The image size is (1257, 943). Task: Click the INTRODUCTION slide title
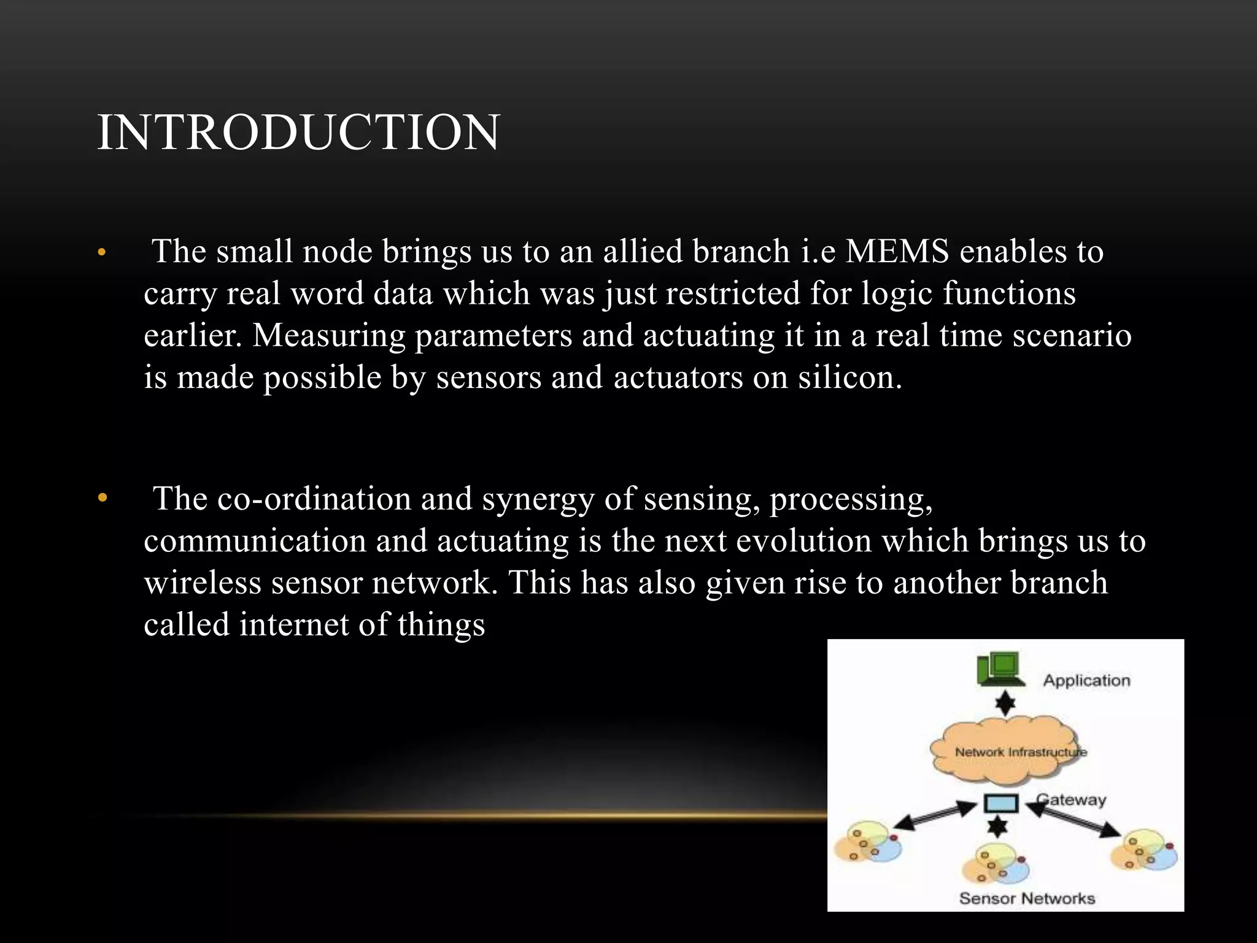point(298,133)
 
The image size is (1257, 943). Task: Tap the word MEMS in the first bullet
point(897,252)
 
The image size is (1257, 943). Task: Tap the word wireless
point(203,583)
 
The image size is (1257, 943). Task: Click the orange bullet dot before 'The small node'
point(102,252)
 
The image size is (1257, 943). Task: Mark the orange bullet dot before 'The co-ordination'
point(102,499)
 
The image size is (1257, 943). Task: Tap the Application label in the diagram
point(1086,680)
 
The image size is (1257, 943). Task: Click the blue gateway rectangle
point(1001,803)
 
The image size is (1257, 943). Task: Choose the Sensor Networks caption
point(1027,898)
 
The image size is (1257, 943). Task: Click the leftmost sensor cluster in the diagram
point(867,843)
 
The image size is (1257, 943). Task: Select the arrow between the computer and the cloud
point(1005,704)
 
